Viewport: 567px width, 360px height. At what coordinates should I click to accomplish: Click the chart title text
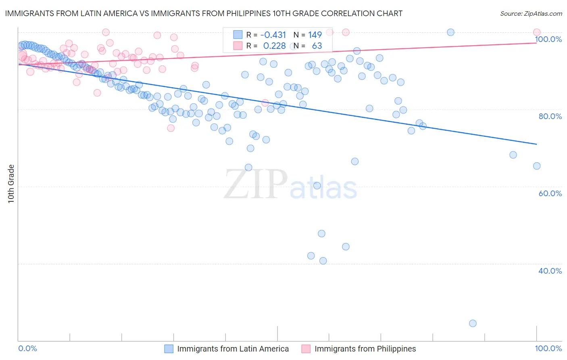point(204,13)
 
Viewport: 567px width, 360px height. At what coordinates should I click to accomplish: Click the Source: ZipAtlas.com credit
point(531,13)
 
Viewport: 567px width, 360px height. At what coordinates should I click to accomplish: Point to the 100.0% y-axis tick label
point(548,39)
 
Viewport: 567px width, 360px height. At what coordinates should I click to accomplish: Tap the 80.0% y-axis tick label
point(550,116)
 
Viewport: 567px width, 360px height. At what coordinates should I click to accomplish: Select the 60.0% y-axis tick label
point(550,193)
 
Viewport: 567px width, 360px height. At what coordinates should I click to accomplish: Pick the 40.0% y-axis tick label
point(550,271)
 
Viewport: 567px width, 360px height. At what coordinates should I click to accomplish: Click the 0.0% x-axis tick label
point(27,348)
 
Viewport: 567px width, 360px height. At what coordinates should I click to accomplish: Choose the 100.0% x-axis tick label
point(548,348)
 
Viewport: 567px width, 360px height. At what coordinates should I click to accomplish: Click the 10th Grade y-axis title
point(11,184)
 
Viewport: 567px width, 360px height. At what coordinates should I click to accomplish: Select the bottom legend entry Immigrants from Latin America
point(233,349)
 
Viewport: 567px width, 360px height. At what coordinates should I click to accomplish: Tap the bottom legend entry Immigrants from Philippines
point(365,349)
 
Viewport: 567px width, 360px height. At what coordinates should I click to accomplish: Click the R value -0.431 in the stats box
point(273,35)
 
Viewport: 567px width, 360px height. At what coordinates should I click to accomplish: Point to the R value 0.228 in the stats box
point(274,46)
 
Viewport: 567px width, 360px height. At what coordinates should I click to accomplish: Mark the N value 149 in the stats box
point(315,35)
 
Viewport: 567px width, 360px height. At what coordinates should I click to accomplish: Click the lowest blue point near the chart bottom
point(473,323)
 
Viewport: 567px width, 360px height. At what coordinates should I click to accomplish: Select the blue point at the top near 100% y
point(450,32)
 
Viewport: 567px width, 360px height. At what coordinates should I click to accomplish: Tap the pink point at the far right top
point(536,32)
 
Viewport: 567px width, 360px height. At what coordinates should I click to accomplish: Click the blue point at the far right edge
point(536,166)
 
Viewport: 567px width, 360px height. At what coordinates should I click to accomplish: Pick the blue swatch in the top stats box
point(238,35)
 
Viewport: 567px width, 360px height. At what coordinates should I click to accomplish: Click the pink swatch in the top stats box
point(238,46)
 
